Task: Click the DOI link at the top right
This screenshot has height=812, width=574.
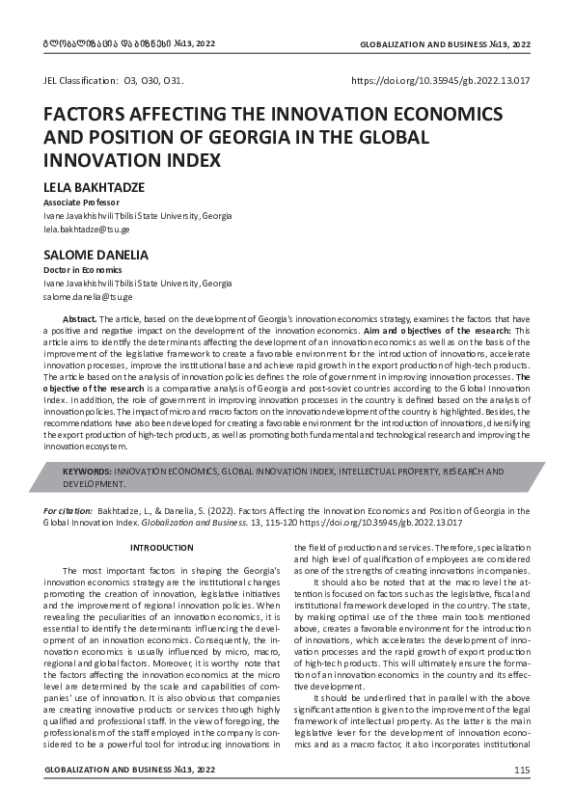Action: pos(441,82)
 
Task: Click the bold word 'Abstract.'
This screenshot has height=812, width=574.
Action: pos(79,318)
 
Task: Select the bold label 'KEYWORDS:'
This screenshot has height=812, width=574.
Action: pos(87,472)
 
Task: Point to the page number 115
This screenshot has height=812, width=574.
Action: pos(522,770)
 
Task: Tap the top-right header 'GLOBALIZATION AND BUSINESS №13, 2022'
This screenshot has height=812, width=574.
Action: pos(445,45)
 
